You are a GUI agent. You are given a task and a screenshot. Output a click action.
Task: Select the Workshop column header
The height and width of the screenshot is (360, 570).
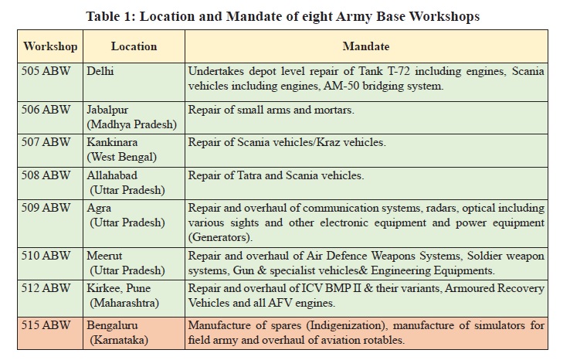point(50,46)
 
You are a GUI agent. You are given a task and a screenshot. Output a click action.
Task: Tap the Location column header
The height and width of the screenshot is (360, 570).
point(134,46)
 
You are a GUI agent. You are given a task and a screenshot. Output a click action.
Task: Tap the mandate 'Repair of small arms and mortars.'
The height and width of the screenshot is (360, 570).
point(271,110)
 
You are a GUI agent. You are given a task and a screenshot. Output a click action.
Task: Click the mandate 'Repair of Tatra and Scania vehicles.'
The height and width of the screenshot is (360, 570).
point(277,175)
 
